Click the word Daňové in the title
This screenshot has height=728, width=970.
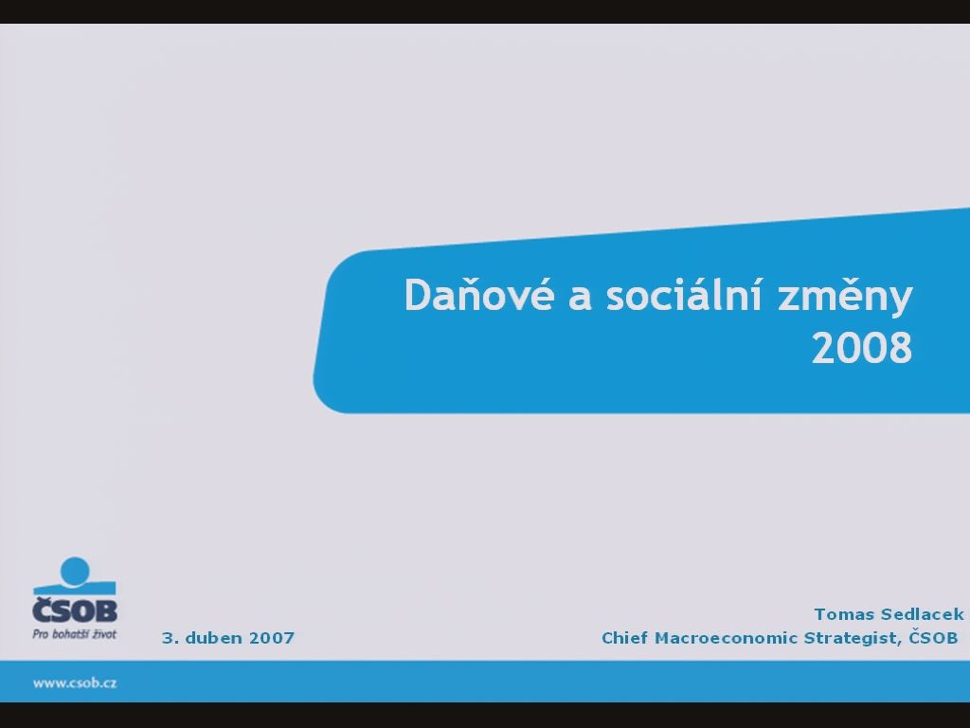[478, 294]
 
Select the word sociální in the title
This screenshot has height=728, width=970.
[684, 294]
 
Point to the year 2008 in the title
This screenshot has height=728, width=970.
[862, 348]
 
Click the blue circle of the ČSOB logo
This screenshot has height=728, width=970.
[75, 571]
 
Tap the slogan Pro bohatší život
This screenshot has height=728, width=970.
[74, 634]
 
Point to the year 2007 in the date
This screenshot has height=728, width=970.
[272, 638]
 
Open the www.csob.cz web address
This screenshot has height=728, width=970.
[75, 682]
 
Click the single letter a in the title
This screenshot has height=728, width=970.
[580, 298]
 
